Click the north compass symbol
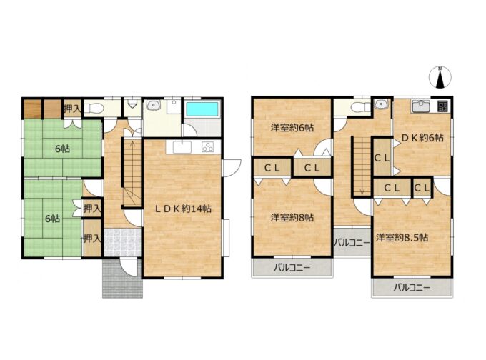point(440,77)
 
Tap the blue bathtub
point(202,109)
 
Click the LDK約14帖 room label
point(183,209)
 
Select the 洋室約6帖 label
point(292,128)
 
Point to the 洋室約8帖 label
point(292,218)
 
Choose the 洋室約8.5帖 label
point(402,238)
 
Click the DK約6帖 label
point(422,138)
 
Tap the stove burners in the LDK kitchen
point(208,147)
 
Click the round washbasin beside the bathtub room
point(153,106)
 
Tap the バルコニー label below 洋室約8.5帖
point(412,288)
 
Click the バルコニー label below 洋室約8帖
point(292,267)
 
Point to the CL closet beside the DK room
point(382,158)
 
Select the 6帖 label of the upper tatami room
point(63,149)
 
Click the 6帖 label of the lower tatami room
point(52,219)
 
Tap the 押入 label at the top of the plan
point(72,109)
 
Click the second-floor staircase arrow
point(362,166)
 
